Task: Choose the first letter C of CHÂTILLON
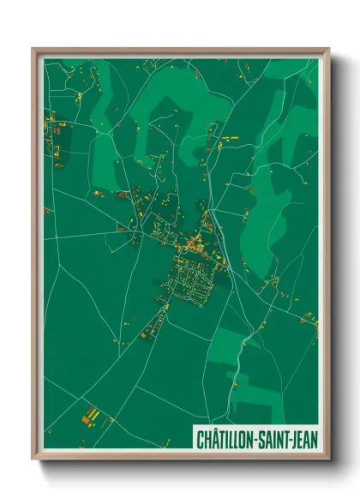198,439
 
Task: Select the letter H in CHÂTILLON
204,439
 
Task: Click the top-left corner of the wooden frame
33,49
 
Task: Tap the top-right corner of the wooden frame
328,49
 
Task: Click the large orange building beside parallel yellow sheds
87,419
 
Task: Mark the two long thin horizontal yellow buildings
230,139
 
